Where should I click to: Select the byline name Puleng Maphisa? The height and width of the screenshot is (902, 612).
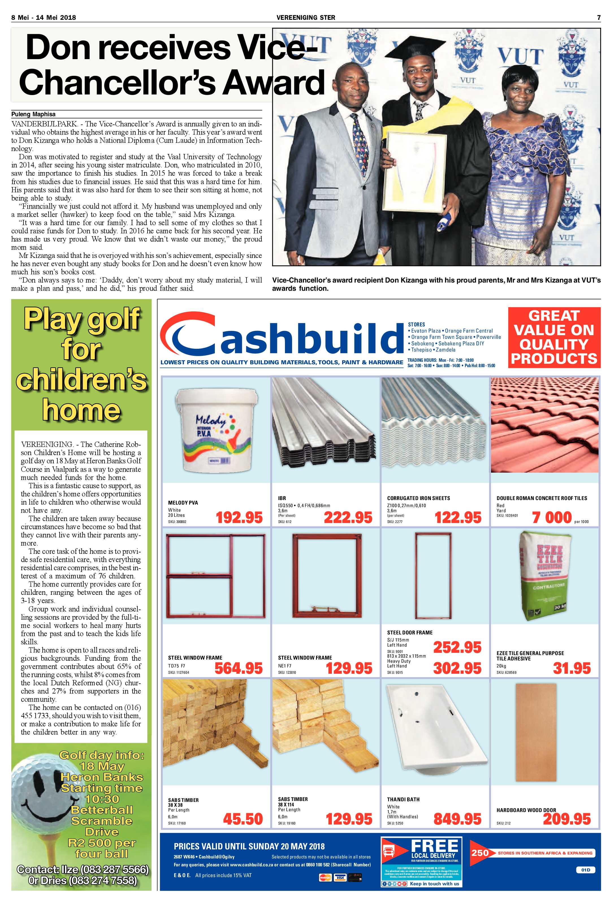pyautogui.click(x=33, y=114)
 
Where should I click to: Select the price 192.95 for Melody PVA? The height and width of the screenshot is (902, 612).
pyautogui.click(x=239, y=517)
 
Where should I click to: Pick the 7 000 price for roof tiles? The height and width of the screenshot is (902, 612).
pyautogui.click(x=552, y=517)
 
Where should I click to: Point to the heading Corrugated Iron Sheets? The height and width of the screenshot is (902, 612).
pyautogui.click(x=418, y=498)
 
